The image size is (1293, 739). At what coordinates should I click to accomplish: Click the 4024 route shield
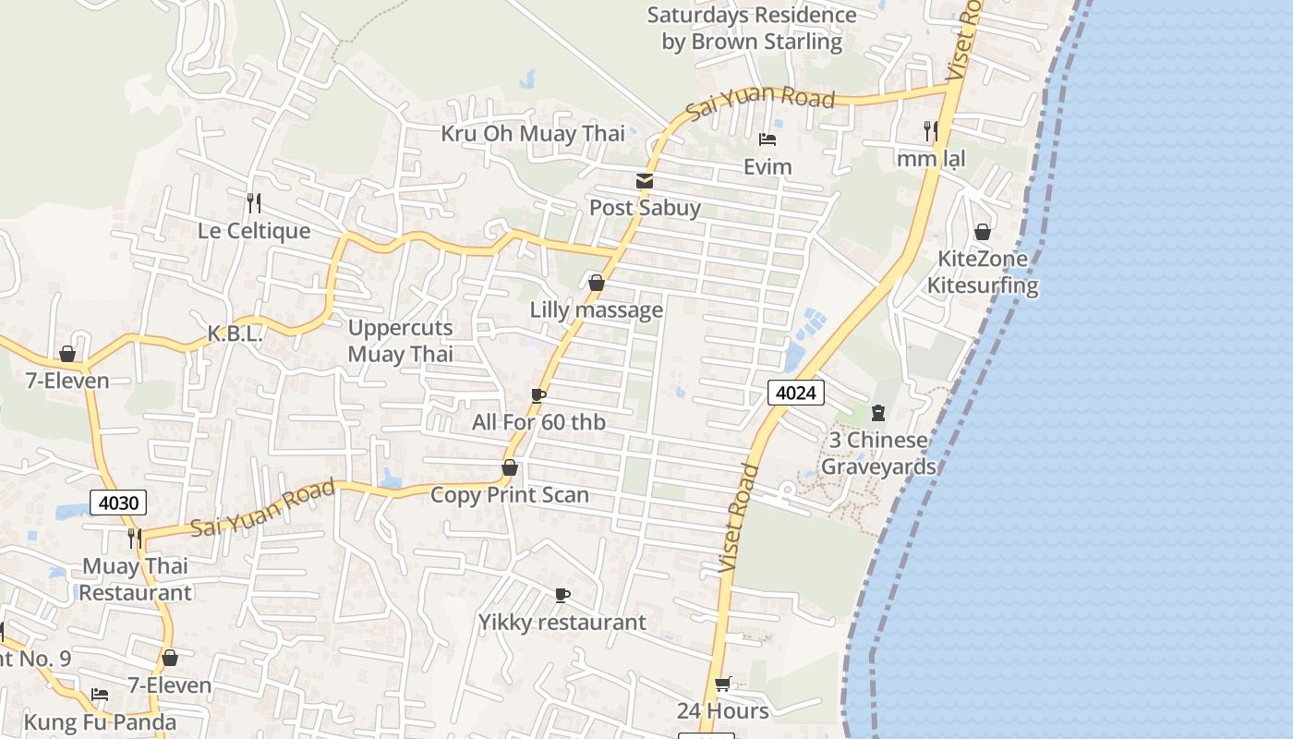click(x=795, y=393)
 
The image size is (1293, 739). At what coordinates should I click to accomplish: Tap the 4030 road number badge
click(x=118, y=503)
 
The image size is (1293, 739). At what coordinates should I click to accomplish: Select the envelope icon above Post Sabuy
click(x=645, y=181)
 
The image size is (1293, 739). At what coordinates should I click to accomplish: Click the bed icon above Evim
click(x=767, y=140)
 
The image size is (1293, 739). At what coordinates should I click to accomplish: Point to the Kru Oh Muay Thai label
click(x=533, y=134)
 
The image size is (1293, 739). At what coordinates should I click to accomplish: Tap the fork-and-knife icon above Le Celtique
click(x=254, y=202)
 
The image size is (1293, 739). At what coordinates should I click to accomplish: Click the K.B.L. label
click(x=235, y=333)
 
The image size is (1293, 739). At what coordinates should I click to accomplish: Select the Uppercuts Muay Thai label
click(x=401, y=341)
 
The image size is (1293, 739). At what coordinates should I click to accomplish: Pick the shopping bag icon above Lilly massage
click(x=597, y=283)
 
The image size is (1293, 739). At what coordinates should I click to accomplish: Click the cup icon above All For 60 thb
click(x=538, y=396)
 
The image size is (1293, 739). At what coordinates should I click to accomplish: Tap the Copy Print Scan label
click(x=510, y=495)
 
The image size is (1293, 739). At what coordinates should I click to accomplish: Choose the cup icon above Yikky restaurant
click(x=562, y=596)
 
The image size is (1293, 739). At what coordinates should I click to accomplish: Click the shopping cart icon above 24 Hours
click(x=723, y=684)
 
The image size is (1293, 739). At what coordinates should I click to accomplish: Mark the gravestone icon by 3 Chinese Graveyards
click(x=878, y=412)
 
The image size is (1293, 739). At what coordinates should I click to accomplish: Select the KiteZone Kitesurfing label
click(x=983, y=273)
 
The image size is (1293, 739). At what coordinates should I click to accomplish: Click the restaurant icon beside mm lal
click(x=931, y=131)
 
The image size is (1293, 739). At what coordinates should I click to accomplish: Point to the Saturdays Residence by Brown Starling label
click(x=752, y=29)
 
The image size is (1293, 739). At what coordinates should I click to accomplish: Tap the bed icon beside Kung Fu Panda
click(x=100, y=695)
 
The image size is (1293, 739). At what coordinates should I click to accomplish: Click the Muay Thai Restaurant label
click(x=135, y=579)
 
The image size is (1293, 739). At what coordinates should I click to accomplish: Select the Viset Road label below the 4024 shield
click(x=739, y=517)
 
